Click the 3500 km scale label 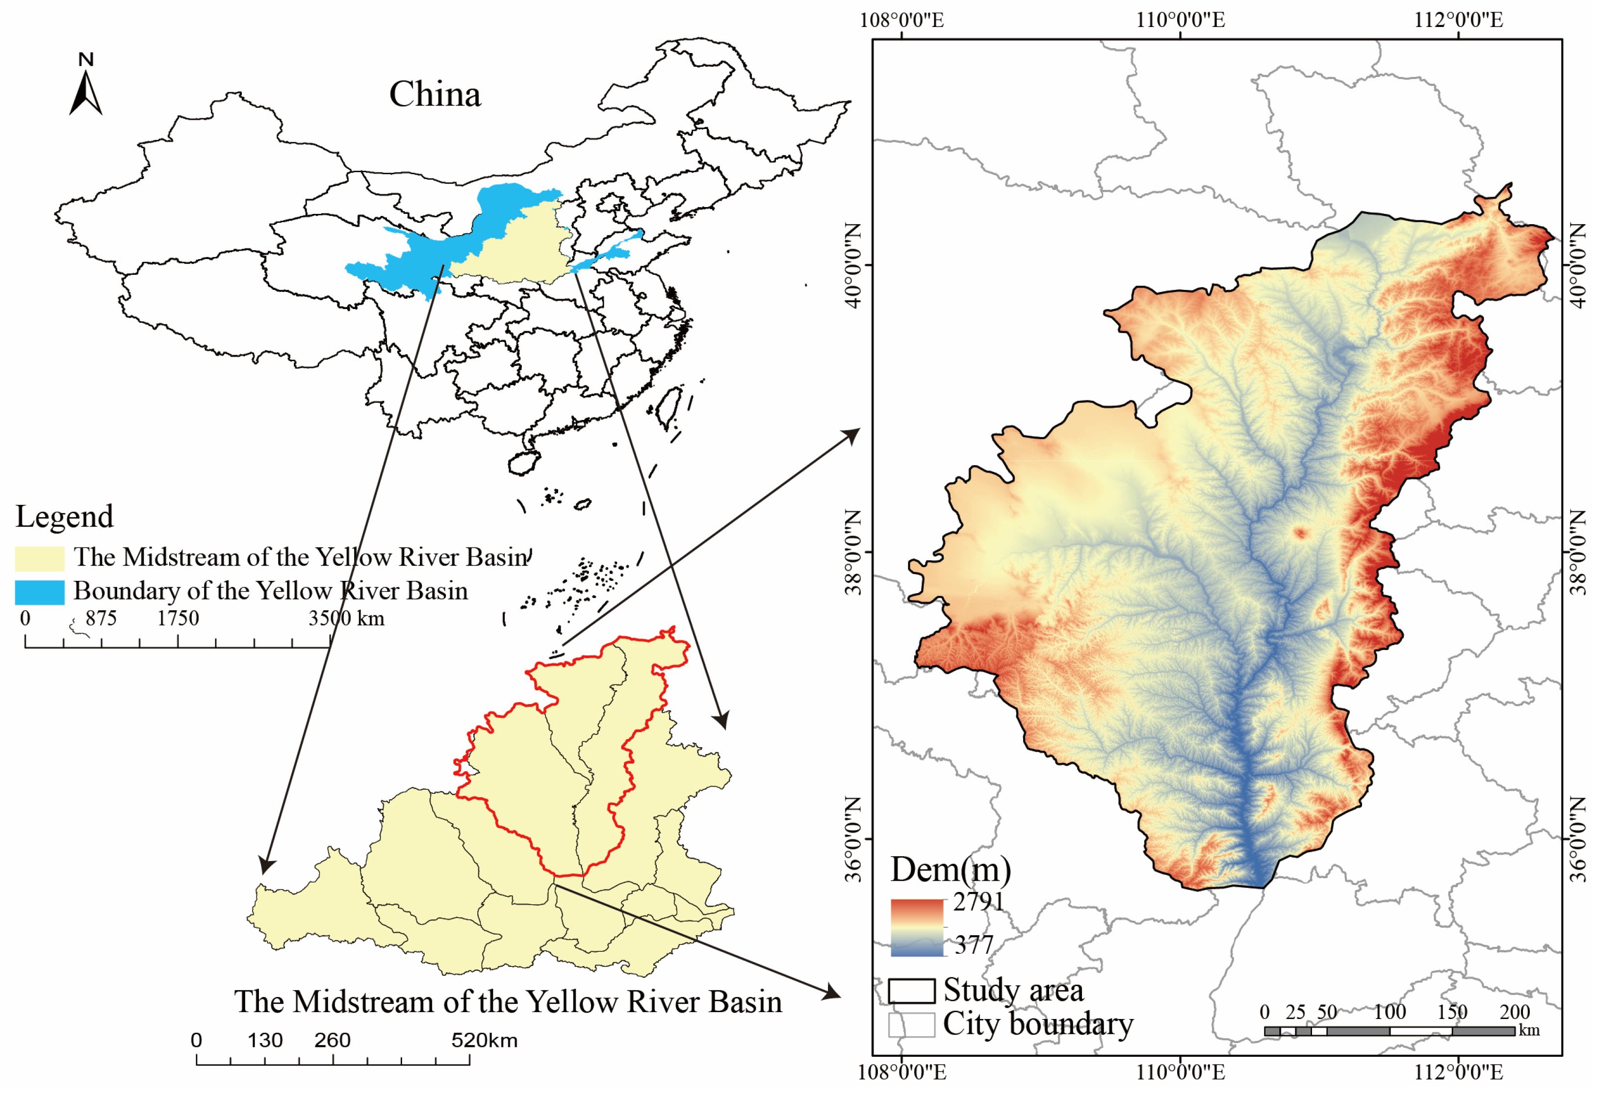pyautogui.click(x=346, y=619)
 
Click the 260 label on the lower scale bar pyautogui.click(x=333, y=1040)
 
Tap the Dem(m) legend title pyautogui.click(x=951, y=870)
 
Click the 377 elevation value pyautogui.click(x=974, y=945)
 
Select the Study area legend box pyautogui.click(x=911, y=991)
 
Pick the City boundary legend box pyautogui.click(x=911, y=1025)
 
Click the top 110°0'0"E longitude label pyautogui.click(x=1180, y=19)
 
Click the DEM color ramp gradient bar pyautogui.click(x=917, y=927)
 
